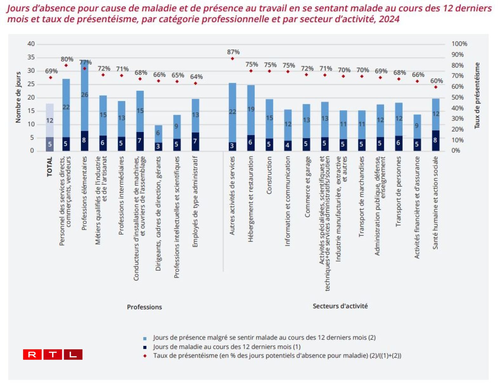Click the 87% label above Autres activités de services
233,52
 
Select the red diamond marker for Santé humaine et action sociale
436,87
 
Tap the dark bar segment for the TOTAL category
50,144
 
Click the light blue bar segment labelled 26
84,95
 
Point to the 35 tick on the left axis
31,57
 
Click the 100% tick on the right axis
459,44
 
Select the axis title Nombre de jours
18,97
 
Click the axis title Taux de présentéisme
477,96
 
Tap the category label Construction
269,175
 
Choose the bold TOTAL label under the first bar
50,167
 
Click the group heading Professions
144,307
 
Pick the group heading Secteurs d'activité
340,306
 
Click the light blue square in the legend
145,339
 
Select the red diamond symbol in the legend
145,356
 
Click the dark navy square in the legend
145,347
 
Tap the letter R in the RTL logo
32,354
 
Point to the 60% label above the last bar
436,81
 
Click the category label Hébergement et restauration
251,199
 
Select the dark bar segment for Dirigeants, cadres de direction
158,146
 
